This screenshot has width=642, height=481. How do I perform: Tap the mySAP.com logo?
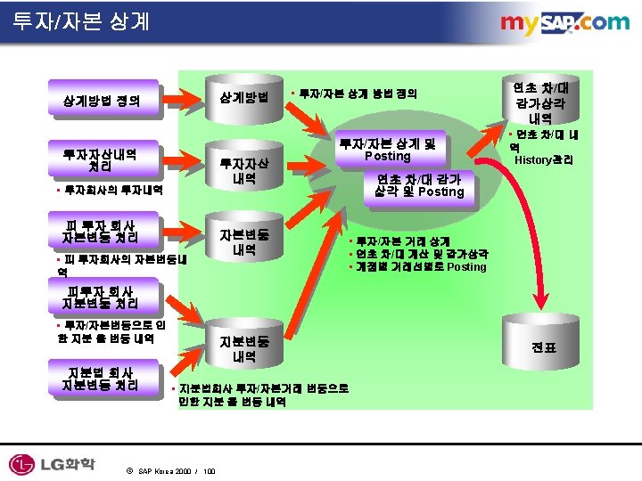[564, 24]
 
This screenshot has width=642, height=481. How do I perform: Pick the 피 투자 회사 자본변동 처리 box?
[99, 229]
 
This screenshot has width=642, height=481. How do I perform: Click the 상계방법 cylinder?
[244, 96]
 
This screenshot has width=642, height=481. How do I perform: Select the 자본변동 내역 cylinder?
[244, 242]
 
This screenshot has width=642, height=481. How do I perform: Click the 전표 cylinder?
[543, 347]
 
